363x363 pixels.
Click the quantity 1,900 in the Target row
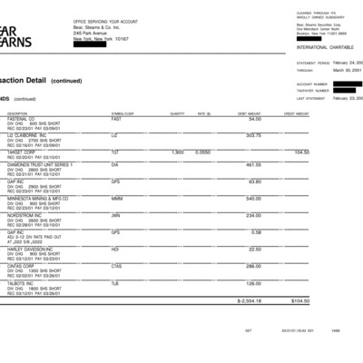pos(178,151)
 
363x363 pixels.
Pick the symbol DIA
pos(115,165)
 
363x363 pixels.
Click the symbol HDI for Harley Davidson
pos(115,250)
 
